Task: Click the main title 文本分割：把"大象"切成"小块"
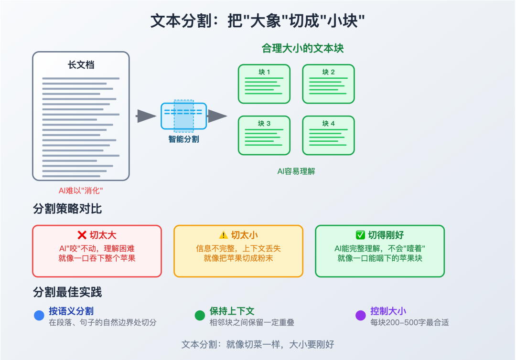258,21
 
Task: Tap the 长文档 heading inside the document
81,65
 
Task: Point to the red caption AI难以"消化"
81,191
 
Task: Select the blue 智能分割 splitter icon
184,116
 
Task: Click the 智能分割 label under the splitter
184,139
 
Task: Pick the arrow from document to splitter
146,116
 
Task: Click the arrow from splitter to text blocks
217,116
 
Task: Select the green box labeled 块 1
264,84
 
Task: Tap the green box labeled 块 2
328,84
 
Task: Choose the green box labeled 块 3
264,135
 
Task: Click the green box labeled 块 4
328,135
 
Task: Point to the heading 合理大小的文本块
302,48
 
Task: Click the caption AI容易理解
296,171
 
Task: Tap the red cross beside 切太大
82,235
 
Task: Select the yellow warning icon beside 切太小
224,235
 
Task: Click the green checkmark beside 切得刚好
360,235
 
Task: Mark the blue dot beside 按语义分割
39,316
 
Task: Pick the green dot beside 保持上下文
200,316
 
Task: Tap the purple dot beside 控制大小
361,316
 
